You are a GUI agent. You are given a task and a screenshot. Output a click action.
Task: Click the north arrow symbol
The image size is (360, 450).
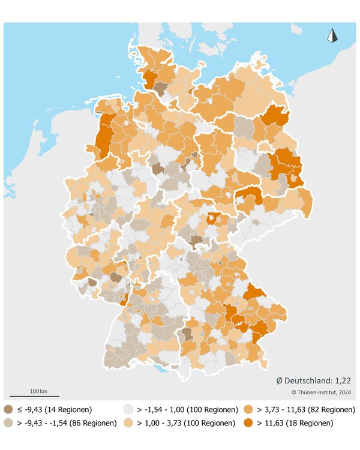(x=332, y=35)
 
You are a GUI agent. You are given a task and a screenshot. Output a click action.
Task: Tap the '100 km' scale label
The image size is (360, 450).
(x=39, y=391)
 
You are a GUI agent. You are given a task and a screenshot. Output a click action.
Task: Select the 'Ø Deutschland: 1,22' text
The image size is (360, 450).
(x=313, y=380)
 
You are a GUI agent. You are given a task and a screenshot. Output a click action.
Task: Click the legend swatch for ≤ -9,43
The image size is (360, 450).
(x=9, y=410)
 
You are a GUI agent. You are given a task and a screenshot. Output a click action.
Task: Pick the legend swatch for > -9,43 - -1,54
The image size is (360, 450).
(x=9, y=423)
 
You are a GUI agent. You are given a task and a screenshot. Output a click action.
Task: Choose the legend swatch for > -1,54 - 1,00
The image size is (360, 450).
(x=128, y=410)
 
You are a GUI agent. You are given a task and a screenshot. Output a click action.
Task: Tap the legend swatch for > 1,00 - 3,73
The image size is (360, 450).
(x=128, y=423)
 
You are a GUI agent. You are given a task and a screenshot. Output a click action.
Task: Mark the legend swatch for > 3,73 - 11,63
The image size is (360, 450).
(x=248, y=410)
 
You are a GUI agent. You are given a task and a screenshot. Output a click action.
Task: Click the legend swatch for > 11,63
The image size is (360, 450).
(x=248, y=423)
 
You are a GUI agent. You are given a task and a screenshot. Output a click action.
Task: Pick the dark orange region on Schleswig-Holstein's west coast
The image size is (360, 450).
(x=149, y=78)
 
